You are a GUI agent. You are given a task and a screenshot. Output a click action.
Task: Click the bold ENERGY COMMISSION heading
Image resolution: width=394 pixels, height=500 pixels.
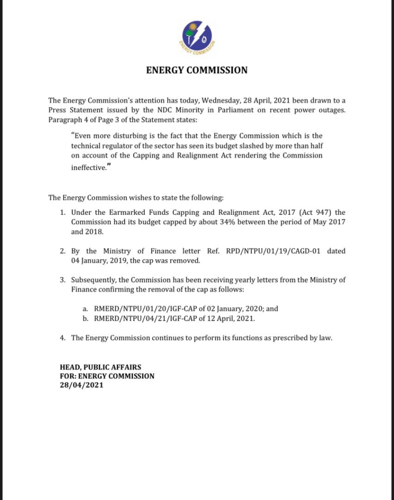pyautogui.click(x=197, y=70)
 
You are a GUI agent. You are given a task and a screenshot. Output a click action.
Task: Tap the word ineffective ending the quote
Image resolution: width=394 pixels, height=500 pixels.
pyautogui.click(x=87, y=167)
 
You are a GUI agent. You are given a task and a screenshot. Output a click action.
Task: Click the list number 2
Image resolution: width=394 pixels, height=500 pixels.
pyautogui.click(x=62, y=251)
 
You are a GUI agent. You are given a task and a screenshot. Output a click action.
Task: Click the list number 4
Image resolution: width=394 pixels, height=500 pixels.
pyautogui.click(x=62, y=338)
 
